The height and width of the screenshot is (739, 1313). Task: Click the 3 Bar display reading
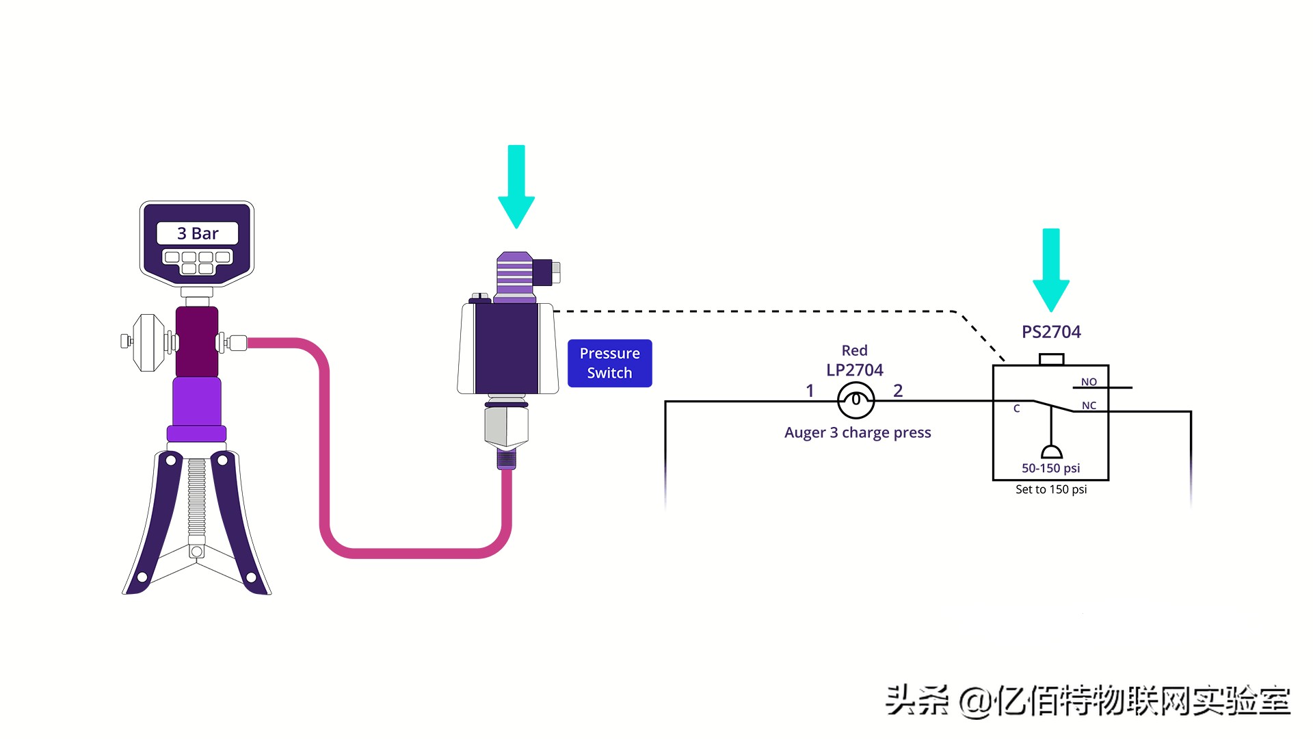coord(198,233)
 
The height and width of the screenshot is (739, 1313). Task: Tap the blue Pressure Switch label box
coord(609,363)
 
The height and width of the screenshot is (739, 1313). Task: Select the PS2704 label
coord(1051,332)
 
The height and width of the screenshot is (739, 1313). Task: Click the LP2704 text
coord(855,370)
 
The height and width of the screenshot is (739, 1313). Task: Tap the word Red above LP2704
coord(855,350)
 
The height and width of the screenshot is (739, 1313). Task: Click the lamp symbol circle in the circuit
coord(856,401)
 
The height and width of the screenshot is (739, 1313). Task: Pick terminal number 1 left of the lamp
coord(810,391)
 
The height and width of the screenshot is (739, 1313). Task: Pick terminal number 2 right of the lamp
coord(898,391)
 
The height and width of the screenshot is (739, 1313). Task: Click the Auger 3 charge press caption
coord(858,432)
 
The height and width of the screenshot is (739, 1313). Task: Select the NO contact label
coord(1089,382)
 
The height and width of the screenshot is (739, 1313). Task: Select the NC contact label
coord(1089,406)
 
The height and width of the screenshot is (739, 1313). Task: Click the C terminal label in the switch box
coord(1016,409)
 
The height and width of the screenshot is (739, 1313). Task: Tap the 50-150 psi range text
coord(1051,468)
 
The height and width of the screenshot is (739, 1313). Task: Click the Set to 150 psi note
coord(1051,489)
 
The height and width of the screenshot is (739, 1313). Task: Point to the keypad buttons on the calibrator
coord(198,262)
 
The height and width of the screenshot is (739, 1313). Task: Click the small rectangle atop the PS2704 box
coord(1051,359)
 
